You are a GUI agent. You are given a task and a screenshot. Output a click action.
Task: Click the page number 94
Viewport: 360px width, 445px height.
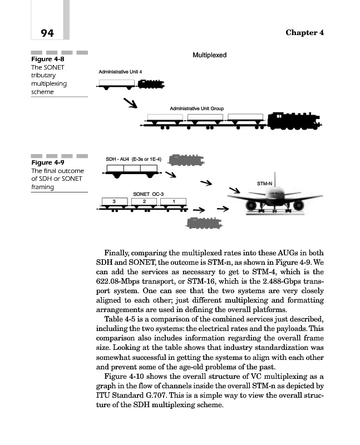[x=43, y=33]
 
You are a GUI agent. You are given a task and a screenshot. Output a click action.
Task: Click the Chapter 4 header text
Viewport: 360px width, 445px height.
[x=304, y=32]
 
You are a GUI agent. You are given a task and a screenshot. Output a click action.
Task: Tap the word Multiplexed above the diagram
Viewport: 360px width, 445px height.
[x=209, y=56]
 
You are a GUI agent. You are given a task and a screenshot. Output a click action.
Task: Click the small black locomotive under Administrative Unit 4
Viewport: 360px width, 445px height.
[x=151, y=84]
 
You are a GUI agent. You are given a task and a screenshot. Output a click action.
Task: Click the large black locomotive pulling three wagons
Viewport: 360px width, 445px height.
[x=293, y=122]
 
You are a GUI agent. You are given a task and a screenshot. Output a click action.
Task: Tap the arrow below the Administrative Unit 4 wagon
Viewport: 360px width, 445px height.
[x=130, y=103]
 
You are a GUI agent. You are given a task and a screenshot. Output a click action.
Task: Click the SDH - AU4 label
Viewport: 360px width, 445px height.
[x=134, y=159]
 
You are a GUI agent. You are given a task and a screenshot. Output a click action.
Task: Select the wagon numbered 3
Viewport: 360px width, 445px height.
[x=114, y=201]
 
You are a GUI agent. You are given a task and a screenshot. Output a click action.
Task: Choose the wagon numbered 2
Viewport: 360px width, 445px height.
[x=144, y=201]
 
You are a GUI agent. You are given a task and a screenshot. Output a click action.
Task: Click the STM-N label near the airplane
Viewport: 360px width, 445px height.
[x=265, y=182]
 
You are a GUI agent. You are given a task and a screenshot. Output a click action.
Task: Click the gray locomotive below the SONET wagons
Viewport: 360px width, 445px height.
[x=204, y=223]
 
